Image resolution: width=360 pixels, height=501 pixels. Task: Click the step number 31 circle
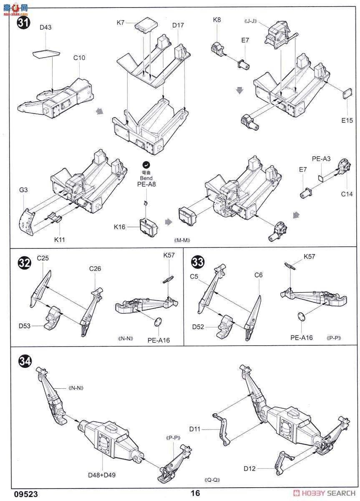coord(23,23)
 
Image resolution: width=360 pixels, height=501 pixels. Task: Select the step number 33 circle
coord(197,262)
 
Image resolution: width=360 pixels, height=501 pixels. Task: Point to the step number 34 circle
coord(25,361)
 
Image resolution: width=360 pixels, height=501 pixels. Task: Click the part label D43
coord(45,27)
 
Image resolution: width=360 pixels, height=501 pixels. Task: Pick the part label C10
coord(79,58)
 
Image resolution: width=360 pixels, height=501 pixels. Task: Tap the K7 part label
coord(121,23)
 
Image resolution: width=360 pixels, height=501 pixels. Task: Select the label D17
coord(178,25)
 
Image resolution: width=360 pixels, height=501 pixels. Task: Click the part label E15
coord(347,120)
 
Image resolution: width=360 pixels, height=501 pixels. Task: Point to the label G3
coord(23,190)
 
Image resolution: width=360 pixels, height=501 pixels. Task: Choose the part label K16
coord(120,227)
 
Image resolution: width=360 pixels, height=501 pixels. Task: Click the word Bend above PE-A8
coord(146,178)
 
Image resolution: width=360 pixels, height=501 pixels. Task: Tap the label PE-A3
coord(321,159)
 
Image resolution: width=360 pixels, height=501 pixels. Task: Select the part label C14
coord(347,194)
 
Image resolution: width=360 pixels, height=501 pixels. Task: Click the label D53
coord(24,326)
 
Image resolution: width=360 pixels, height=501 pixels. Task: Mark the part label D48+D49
coord(102,475)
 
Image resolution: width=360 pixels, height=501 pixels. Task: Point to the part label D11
coord(195,429)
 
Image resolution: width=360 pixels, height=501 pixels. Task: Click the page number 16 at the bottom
coord(195,493)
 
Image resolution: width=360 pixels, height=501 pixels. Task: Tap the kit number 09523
coord(26,494)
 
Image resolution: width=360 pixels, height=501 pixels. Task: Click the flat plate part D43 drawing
coord(46,54)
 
